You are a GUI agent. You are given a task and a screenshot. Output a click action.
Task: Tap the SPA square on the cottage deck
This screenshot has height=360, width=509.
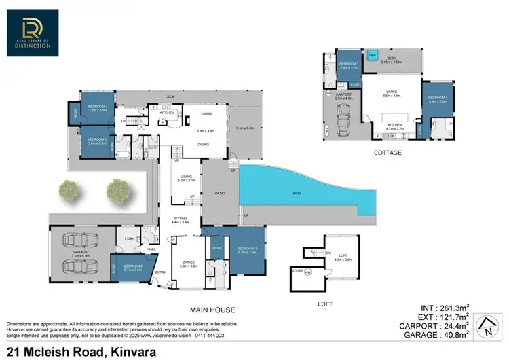(372, 55)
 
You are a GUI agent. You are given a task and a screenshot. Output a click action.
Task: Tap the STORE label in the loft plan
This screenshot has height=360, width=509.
(297, 271)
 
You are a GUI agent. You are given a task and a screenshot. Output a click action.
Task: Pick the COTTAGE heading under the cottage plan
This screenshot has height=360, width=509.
(387, 153)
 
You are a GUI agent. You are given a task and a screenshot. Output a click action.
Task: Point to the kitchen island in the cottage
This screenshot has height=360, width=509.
(389, 120)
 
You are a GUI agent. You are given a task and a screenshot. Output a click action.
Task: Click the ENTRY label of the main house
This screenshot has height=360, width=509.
(160, 272)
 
